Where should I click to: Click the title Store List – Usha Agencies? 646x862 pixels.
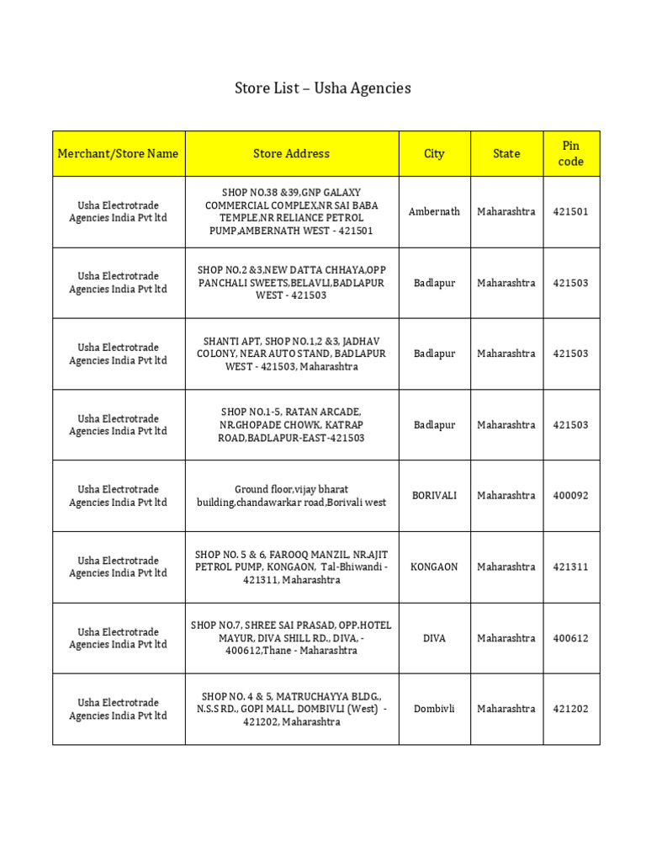coord(322,88)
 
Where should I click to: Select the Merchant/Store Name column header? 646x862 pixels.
coord(118,153)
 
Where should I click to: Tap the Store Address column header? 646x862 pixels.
coord(291,153)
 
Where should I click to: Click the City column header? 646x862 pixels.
coord(434,153)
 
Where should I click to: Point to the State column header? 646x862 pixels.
coord(506,153)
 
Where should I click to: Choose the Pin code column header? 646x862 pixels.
coord(571,153)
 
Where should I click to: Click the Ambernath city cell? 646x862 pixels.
coord(434,211)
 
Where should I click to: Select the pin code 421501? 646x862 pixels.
coord(571,211)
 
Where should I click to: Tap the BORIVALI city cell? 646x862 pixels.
coord(434,496)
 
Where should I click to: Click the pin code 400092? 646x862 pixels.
coord(571,496)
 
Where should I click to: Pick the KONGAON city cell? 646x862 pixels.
coord(434,567)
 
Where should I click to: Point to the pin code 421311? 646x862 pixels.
coord(571,567)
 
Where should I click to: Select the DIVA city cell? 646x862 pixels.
coord(434,638)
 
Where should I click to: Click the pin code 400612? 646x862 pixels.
coord(571,638)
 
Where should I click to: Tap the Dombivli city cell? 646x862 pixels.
coord(434,709)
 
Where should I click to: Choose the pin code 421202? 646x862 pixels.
coord(571,709)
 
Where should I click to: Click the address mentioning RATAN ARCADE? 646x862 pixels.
coord(291,425)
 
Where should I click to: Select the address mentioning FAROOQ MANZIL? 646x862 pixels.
coord(291,567)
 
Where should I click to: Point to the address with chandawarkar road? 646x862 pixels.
coord(291,496)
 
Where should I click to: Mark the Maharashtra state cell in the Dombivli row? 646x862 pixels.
coord(506,709)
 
